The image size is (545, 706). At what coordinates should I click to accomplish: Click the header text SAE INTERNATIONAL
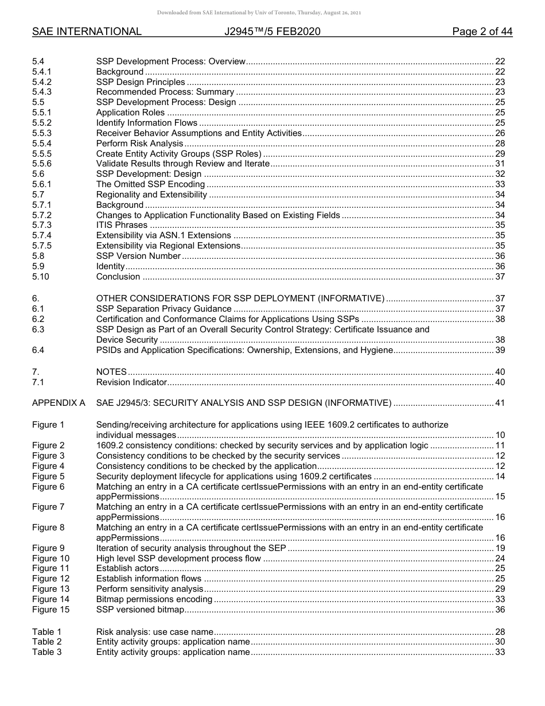87,32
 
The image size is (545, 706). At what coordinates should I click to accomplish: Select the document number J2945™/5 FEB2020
272,32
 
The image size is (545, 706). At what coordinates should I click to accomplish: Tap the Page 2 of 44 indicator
482,32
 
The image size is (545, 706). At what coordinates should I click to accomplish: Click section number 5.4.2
42,82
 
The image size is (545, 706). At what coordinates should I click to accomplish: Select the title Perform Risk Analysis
139,143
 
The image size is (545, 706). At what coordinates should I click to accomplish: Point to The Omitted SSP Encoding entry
150,184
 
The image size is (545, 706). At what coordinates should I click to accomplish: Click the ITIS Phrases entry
122,225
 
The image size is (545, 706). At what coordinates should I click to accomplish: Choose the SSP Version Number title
138,256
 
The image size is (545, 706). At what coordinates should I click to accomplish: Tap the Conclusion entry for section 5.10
118,277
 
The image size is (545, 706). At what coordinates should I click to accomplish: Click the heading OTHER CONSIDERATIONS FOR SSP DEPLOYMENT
240,298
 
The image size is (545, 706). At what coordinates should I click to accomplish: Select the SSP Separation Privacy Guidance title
164,309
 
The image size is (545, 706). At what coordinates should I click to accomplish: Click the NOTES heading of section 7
111,372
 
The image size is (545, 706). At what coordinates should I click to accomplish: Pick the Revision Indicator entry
131,382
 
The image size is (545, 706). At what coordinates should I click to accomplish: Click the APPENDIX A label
59,403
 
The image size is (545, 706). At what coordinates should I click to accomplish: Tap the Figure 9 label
48,548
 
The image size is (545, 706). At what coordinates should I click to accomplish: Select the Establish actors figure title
127,568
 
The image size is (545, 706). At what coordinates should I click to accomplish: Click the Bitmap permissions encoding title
154,599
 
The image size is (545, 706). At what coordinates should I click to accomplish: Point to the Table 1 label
46,632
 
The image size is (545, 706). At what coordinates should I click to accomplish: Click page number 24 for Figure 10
500,558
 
